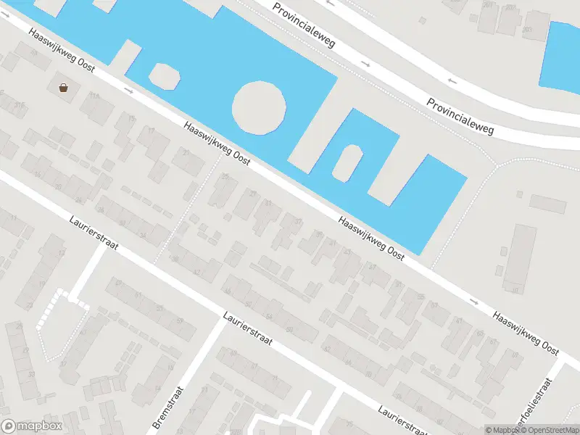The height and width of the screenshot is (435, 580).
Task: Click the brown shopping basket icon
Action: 64,88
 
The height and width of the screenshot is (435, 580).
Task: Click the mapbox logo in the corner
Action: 31,426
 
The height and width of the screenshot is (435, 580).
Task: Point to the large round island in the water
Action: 259,107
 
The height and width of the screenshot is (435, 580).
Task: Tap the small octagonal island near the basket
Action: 164,75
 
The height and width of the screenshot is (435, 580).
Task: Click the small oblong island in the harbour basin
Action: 348,163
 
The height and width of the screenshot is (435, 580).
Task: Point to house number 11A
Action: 94,96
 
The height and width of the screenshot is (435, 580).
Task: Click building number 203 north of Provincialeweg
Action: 527,30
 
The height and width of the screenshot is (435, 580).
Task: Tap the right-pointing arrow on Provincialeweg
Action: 366,64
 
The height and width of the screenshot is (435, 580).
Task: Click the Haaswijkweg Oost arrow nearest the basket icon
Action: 129,91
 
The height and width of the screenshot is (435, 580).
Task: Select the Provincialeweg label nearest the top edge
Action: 304,24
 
